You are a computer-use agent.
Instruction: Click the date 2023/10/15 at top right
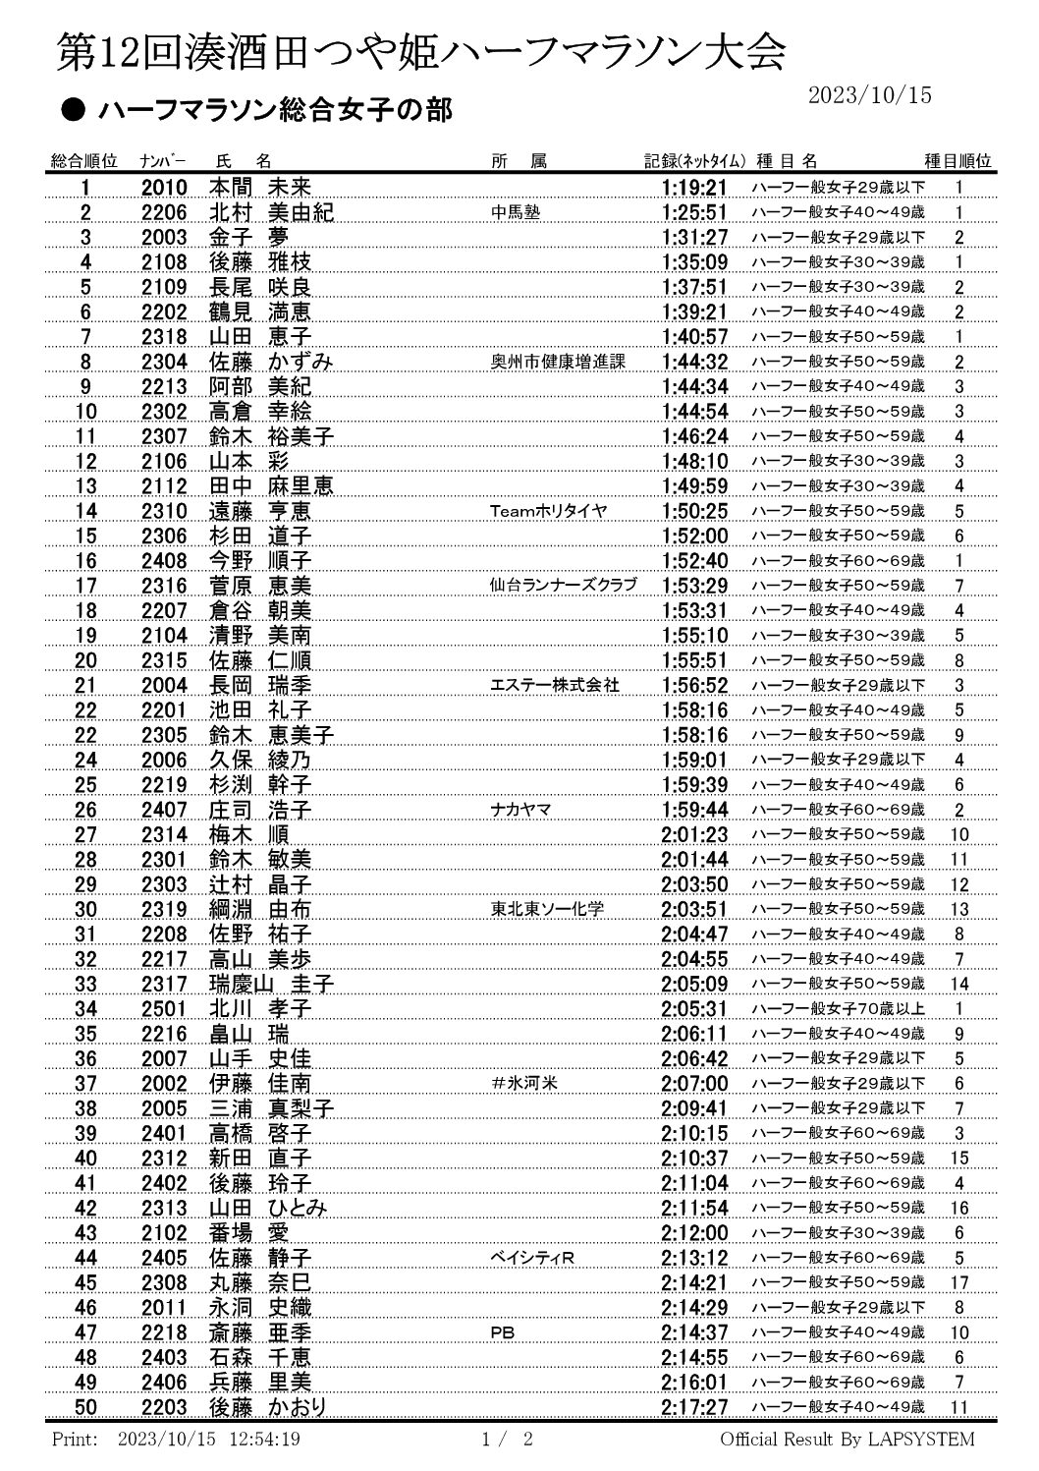pos(869,94)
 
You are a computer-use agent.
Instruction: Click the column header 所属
pos(519,161)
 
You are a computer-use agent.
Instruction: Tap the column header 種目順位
pos(957,161)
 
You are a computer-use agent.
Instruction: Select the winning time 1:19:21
pos(694,188)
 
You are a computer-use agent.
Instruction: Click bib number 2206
pos(164,212)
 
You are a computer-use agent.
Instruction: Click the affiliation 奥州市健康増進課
pos(558,362)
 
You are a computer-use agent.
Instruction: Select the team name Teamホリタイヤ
pos(549,511)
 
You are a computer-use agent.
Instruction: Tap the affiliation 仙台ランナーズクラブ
pos(564,586)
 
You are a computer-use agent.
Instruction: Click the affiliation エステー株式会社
pos(555,685)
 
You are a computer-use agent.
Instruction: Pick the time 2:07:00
pos(694,1084)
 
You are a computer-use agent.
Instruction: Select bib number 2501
pos(164,1009)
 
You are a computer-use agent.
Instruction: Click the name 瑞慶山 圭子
pos(272,984)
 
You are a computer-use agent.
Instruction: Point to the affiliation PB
pos(502,1332)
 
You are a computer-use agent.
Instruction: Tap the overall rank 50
pos(86,1407)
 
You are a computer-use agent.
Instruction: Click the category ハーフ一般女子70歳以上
pos(838,1009)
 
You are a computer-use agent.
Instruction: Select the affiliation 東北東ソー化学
pos(548,909)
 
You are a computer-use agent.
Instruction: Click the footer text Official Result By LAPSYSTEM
pos(848,1441)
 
